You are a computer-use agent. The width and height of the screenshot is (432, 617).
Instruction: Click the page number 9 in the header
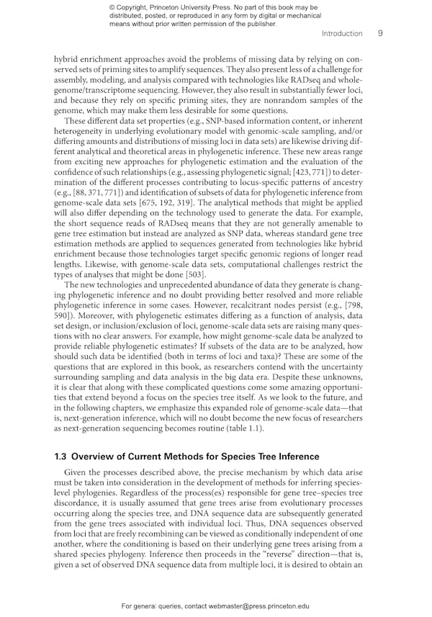(379, 33)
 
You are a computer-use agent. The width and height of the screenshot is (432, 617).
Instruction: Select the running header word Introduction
(342, 33)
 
